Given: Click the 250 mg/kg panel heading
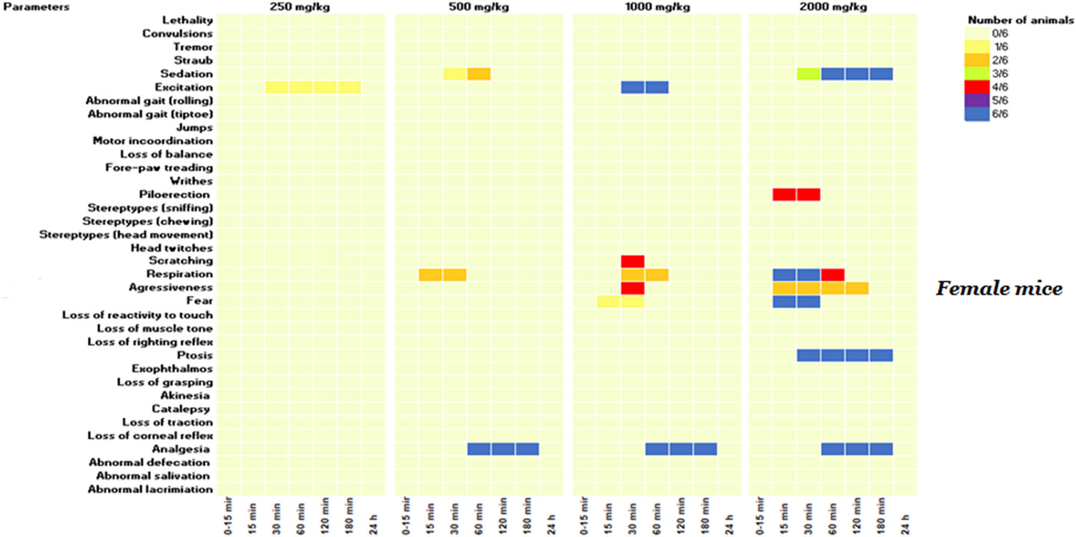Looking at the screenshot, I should pos(300,7).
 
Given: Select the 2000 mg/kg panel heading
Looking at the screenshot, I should pos(833,7).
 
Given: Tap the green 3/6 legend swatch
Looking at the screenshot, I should pos(976,74).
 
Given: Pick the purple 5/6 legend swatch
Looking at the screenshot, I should pos(976,101).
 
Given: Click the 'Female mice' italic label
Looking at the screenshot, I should pos(999,289).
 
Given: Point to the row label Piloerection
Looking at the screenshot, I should pos(174,195).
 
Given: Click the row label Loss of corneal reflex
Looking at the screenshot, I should pos(150,435).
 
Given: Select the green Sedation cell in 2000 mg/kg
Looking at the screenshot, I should pos(809,74).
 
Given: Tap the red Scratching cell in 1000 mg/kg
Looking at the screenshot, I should pos(633,261).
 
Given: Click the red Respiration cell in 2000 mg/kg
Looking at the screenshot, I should pos(833,275).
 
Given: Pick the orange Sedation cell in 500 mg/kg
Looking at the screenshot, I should pos(479,74).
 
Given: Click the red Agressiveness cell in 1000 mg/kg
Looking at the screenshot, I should pos(633,288).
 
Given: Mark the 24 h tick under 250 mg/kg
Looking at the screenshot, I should pos(373,524).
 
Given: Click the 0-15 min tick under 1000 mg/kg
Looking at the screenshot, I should pos(584,516).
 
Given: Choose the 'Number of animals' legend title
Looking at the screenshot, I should pos(1020,20).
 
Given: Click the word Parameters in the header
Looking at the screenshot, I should pos(36,7).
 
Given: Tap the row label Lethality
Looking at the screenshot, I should pos(187,20).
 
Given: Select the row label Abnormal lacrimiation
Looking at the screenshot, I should pos(150,489).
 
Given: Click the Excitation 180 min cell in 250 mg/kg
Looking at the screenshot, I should pos(349,87).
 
